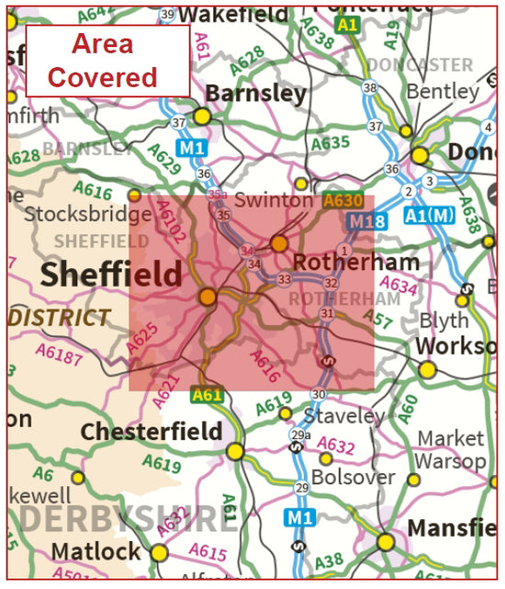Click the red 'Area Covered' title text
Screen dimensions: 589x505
point(102,61)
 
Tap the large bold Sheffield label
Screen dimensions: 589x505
point(110,274)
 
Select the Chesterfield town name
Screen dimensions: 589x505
point(151,431)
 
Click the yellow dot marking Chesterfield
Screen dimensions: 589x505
point(236,451)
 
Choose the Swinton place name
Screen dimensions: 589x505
point(273,199)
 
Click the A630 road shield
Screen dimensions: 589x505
point(342,200)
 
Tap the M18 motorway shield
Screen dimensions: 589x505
point(366,221)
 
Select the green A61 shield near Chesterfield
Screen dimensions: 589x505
point(208,395)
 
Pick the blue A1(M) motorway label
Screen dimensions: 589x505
point(429,217)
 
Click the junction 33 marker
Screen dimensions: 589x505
point(284,279)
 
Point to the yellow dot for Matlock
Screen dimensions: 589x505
point(160,552)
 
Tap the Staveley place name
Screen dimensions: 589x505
point(344,415)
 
